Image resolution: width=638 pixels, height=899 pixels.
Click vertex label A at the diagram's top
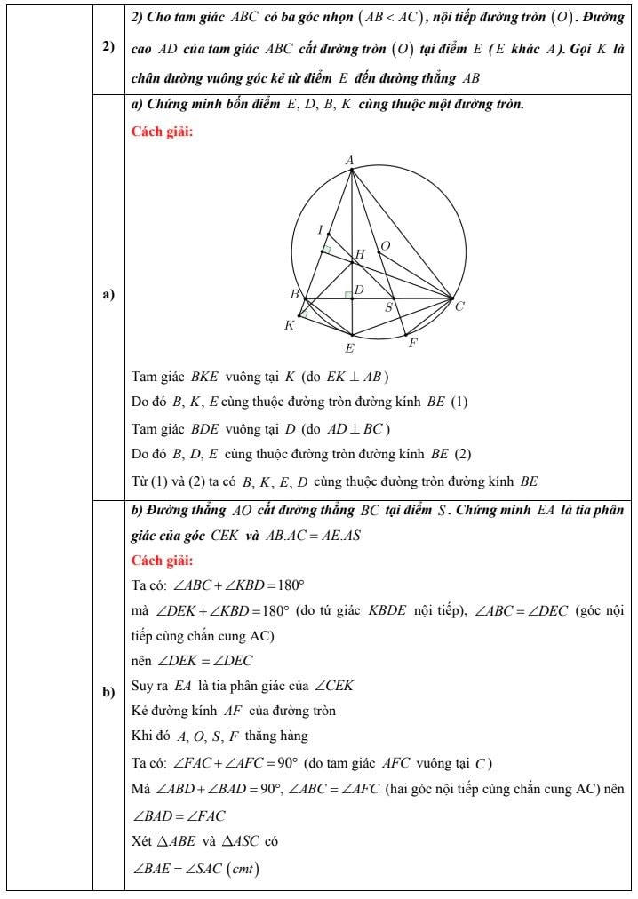(x=350, y=160)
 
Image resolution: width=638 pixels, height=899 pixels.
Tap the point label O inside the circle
(x=385, y=245)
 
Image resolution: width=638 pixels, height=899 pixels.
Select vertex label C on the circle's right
(x=459, y=307)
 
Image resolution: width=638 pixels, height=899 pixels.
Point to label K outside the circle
(x=289, y=326)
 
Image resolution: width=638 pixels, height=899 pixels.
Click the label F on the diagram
(x=413, y=343)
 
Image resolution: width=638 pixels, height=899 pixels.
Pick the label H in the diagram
(x=360, y=255)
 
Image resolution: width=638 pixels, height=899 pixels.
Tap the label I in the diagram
(x=320, y=230)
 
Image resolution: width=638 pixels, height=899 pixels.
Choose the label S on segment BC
(x=388, y=307)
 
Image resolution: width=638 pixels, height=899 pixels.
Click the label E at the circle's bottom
(x=349, y=348)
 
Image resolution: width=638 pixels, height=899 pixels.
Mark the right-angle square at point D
(x=348, y=294)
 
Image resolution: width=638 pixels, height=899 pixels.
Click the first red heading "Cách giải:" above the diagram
(x=161, y=132)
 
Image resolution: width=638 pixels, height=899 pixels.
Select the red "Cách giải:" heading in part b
(x=161, y=561)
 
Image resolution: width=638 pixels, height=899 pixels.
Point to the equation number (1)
(x=459, y=402)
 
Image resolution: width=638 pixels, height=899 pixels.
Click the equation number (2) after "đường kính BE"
(x=463, y=455)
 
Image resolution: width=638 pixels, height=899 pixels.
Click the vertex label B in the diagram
(x=294, y=294)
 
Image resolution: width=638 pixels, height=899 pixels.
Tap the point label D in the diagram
(x=359, y=290)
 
